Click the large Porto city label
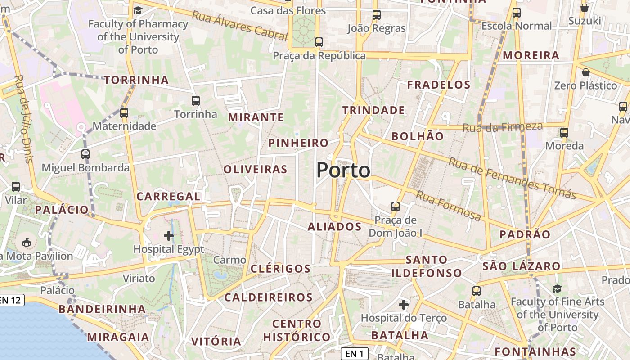[x=343, y=171]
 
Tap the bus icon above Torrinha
[x=195, y=100]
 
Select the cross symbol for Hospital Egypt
[x=169, y=235]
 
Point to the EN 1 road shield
[x=355, y=354]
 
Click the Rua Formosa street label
[x=448, y=206]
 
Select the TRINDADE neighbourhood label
[x=373, y=110]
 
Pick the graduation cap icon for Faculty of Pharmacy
[x=138, y=10]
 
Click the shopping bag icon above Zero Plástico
[x=586, y=72]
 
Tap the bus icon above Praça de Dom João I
[x=395, y=207]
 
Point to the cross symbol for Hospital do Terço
[x=404, y=305]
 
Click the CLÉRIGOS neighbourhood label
[x=280, y=269]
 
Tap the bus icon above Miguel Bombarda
[x=85, y=154]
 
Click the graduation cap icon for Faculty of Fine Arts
[x=557, y=288]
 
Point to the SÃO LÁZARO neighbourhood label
[x=521, y=266]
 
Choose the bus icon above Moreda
[x=564, y=132]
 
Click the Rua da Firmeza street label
[x=503, y=127]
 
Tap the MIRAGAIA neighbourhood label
[x=118, y=337]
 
